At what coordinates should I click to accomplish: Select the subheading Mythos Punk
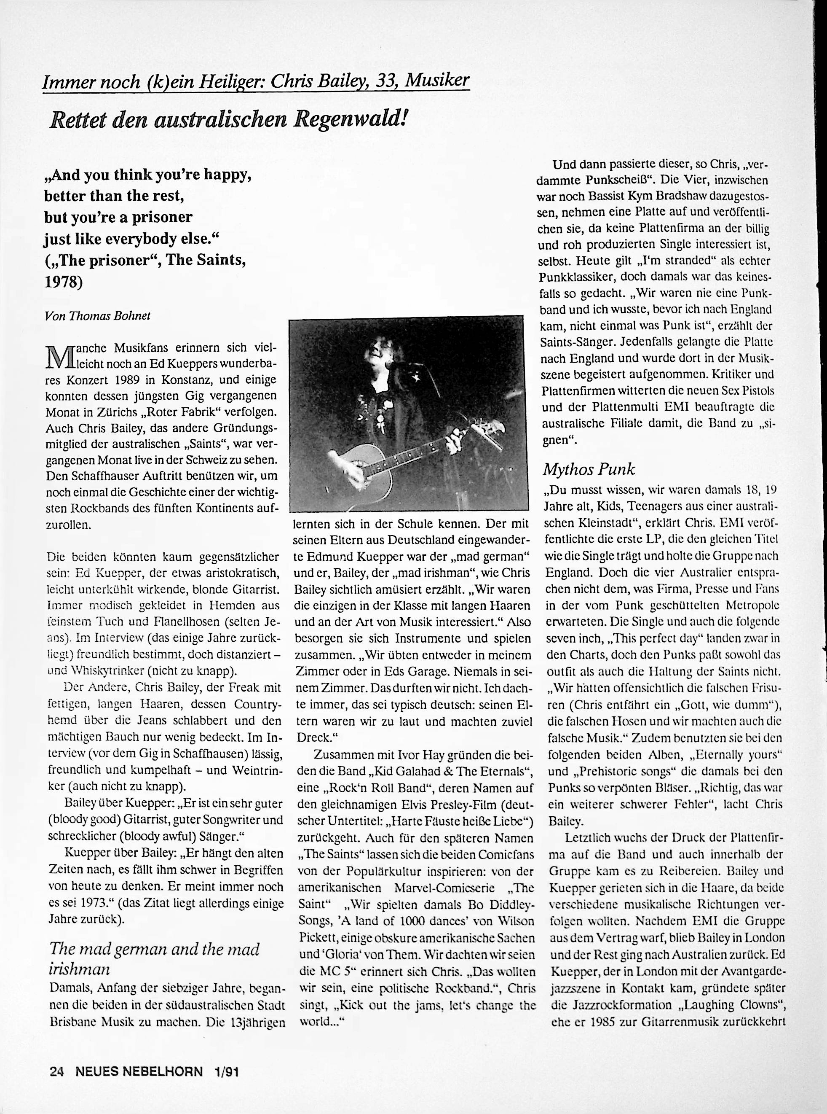tap(589, 469)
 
